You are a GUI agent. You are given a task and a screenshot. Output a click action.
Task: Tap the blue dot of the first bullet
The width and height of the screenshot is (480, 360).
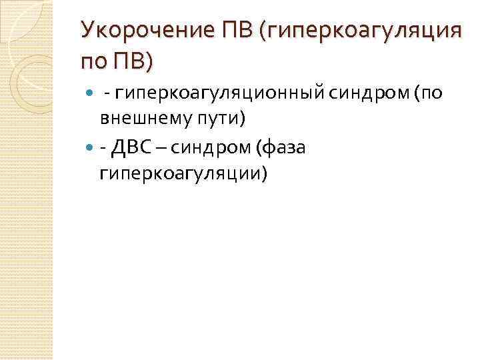point(91,95)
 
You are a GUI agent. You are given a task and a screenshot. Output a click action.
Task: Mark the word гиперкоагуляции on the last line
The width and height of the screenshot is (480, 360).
point(182,172)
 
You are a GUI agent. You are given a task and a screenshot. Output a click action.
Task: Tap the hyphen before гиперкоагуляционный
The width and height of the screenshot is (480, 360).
point(107,95)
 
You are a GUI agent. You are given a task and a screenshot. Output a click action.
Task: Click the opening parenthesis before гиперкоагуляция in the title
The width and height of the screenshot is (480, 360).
point(268,31)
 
